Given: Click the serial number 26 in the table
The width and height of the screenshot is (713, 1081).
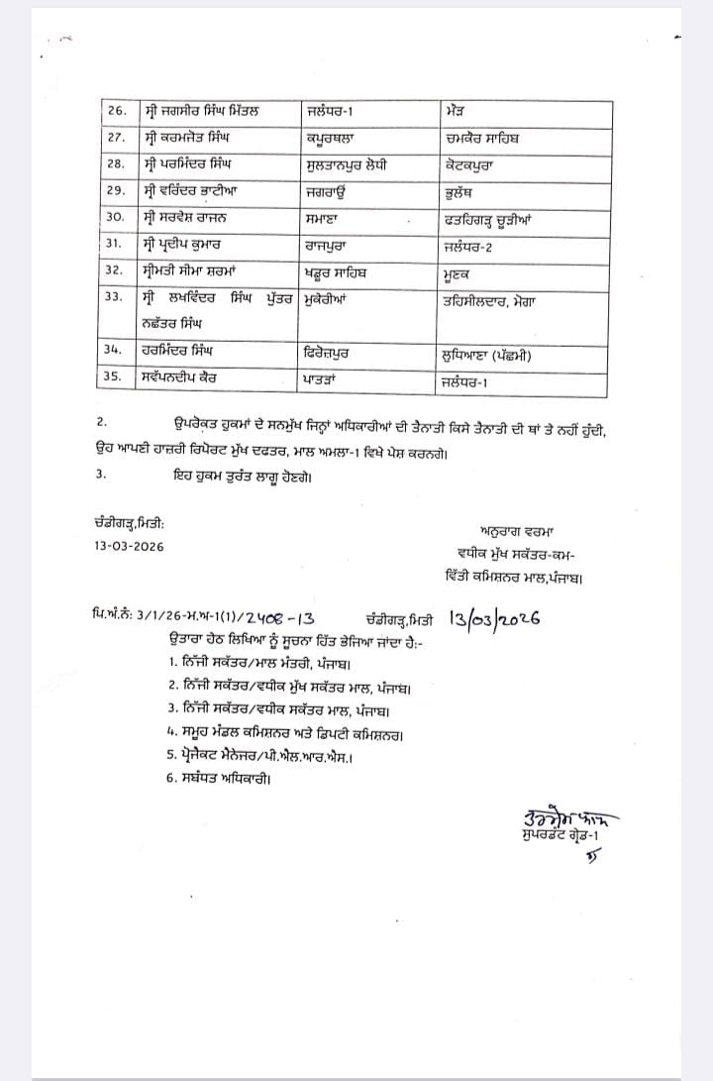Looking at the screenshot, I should pos(116,110).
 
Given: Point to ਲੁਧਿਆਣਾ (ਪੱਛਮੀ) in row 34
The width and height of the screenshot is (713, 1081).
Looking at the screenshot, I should pos(501,351).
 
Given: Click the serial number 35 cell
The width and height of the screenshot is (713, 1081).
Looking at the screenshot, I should pos(116,378).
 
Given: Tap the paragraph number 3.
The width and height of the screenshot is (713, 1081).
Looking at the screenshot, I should pos(101,475).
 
